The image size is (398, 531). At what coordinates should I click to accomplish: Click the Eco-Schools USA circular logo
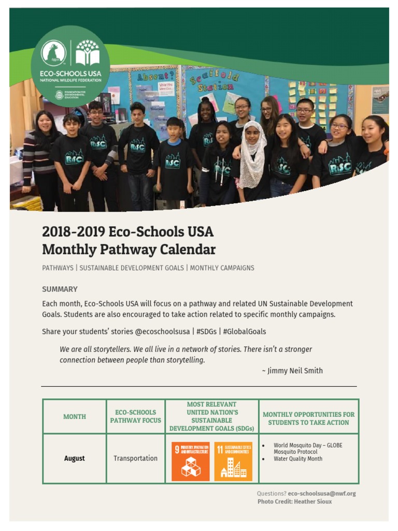click(x=70, y=66)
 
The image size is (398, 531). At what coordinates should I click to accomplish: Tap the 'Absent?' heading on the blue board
click(x=154, y=76)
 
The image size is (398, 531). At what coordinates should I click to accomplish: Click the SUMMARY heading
click(x=60, y=289)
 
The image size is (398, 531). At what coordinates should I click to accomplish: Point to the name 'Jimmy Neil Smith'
click(x=295, y=371)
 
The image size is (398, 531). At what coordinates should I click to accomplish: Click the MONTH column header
click(x=75, y=416)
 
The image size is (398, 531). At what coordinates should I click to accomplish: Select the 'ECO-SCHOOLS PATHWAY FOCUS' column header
click(x=135, y=416)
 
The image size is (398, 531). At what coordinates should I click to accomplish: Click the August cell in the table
click(x=75, y=458)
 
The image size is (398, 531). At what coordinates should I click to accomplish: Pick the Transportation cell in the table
click(x=135, y=458)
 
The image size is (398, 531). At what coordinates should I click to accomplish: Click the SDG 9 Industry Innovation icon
click(x=190, y=461)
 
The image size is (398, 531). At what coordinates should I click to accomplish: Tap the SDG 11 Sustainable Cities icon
click(x=233, y=461)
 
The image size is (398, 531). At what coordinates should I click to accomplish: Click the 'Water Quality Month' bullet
click(x=298, y=459)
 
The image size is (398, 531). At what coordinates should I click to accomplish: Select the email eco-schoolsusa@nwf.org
click(x=322, y=494)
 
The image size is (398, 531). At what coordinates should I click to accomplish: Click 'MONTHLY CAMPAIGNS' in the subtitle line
click(x=222, y=268)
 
